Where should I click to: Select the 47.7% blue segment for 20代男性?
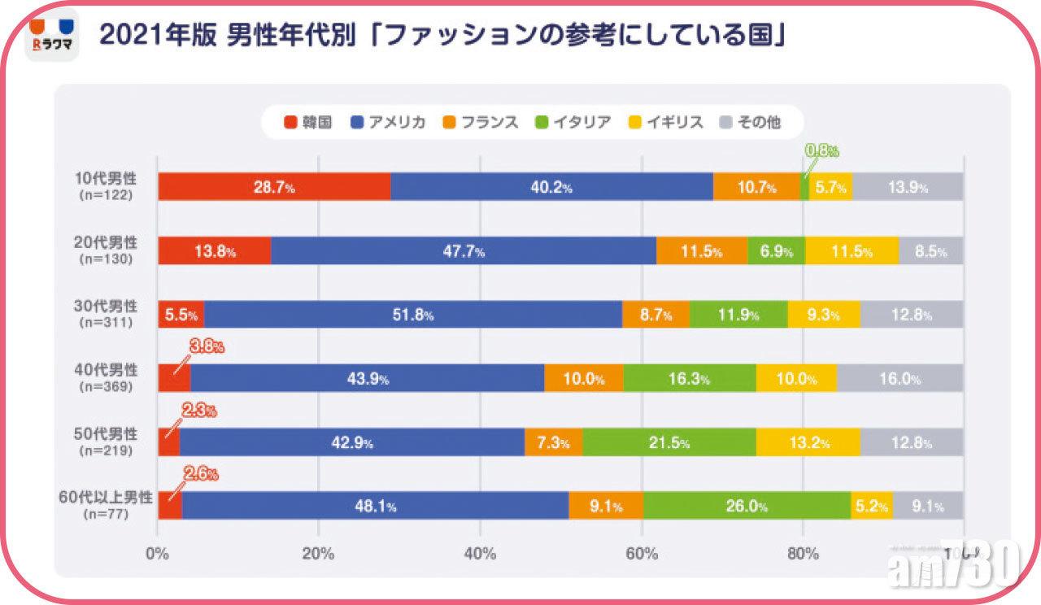pyautogui.click(x=464, y=251)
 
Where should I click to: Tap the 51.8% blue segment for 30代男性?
pyautogui.click(x=413, y=315)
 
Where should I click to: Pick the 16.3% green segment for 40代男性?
pyautogui.click(x=689, y=378)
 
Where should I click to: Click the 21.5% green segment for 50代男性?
pyautogui.click(x=669, y=442)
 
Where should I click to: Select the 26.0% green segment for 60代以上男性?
pyautogui.click(x=747, y=506)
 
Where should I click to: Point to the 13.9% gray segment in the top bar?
pyautogui.click(x=908, y=187)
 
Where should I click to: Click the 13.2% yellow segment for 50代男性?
pyautogui.click(x=808, y=442)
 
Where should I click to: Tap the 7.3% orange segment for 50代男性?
pyautogui.click(x=553, y=442)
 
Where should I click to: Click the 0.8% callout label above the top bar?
pyautogui.click(x=821, y=150)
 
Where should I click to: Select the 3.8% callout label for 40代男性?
pyautogui.click(x=207, y=347)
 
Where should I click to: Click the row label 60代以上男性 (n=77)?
pyautogui.click(x=106, y=505)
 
